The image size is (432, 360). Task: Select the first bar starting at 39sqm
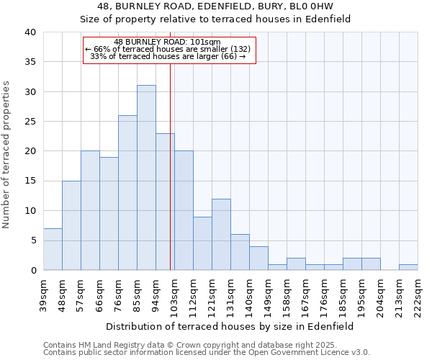pyautogui.click(x=53, y=249)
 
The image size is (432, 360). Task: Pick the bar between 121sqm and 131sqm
pyautogui.click(x=221, y=234)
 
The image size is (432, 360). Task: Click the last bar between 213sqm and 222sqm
pyautogui.click(x=408, y=267)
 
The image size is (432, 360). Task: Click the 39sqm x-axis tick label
pyautogui.click(x=43, y=293)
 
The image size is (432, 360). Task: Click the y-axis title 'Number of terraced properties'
pyautogui.click(x=7, y=155)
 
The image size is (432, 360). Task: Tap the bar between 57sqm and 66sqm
pyautogui.click(x=90, y=210)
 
